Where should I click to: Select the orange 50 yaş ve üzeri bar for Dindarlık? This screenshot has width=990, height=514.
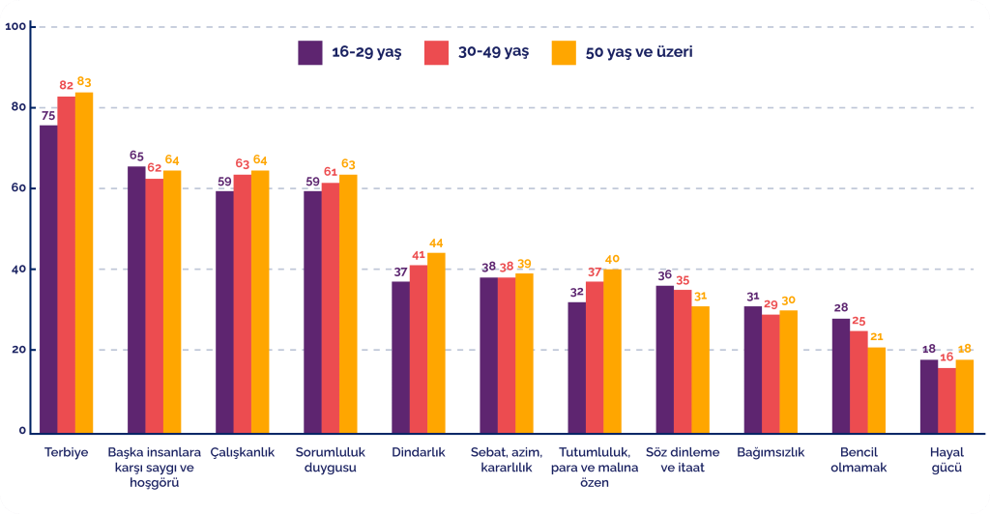click(436, 342)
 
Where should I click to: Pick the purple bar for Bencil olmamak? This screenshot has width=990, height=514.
click(841, 375)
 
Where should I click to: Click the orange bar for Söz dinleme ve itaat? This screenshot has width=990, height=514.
click(700, 368)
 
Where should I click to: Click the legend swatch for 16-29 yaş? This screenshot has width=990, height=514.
click(309, 52)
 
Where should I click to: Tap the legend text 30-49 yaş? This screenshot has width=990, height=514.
click(496, 52)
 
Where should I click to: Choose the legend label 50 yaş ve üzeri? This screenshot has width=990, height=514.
click(638, 52)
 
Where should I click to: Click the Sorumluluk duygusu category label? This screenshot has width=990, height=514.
click(330, 460)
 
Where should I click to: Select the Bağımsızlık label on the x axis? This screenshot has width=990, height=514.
click(771, 452)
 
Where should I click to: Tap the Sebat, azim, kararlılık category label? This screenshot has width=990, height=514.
click(507, 460)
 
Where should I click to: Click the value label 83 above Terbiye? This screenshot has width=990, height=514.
click(84, 82)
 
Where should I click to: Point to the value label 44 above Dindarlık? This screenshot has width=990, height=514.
click(437, 243)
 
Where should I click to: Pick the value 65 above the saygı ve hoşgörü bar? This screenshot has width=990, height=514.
click(137, 156)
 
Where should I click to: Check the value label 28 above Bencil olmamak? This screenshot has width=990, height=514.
click(841, 308)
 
